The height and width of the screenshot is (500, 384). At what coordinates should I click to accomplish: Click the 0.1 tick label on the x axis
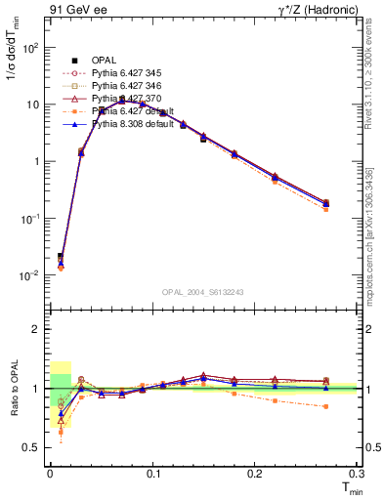click(152, 474)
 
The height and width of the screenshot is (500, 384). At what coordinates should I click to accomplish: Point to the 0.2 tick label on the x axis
click(255, 474)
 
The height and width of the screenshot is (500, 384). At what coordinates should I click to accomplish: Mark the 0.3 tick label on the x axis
click(356, 474)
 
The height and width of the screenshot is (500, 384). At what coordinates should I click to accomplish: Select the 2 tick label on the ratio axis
click(37, 329)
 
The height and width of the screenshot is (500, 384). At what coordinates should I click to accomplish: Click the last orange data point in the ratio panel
click(325, 406)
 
